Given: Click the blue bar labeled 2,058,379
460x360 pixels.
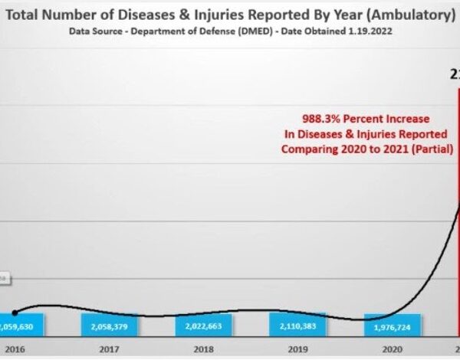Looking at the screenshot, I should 110,326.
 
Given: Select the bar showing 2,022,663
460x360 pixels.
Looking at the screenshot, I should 203,326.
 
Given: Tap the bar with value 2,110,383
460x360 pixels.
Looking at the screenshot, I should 297,324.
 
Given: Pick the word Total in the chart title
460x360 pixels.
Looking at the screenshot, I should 27,15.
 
